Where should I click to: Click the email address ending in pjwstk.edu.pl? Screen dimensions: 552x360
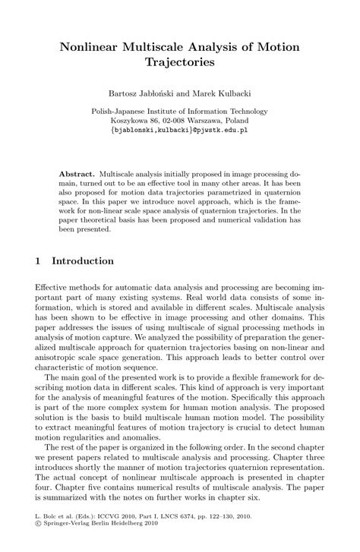coord(180,130)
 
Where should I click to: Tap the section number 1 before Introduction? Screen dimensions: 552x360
coord(39,260)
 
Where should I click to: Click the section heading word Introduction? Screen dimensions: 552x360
coord(84,260)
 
